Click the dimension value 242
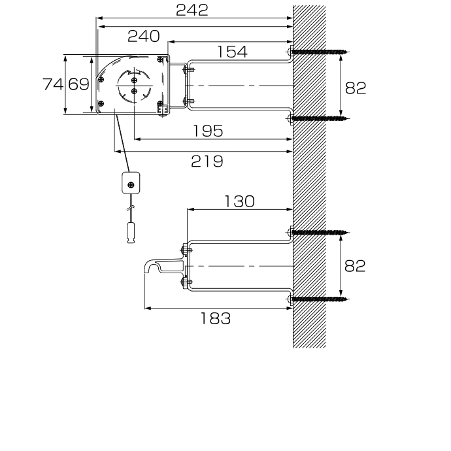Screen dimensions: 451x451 pos(192,10)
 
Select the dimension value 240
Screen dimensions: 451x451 pos(144,37)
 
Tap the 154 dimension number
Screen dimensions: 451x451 pos(232,52)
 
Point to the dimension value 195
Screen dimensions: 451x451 pos(208,131)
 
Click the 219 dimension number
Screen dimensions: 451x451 pos(207,161)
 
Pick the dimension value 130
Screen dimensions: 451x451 pos(239,201)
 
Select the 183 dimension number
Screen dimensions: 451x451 pos(215,319)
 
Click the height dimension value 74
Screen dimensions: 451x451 pos(53,84)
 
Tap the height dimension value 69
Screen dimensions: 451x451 pos(78,84)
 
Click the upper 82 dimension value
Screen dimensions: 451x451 pos(356,88)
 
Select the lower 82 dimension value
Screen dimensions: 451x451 pos(355,266)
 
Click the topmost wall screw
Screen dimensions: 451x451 pos(319,52)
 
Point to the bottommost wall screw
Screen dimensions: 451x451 pos(319,299)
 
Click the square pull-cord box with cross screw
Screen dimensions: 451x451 pos(131,183)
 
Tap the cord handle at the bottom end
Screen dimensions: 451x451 pos(131,233)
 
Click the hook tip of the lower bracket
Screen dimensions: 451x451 pos(146,270)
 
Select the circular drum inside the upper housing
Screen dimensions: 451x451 pos(134,86)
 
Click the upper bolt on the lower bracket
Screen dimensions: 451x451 pos(186,250)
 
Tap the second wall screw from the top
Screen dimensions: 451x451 pos(319,118)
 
